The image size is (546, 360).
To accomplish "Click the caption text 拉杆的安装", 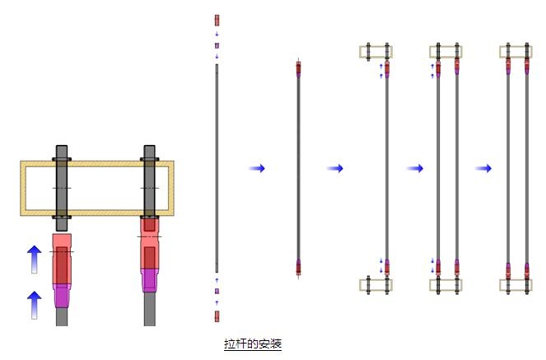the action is click(x=253, y=344).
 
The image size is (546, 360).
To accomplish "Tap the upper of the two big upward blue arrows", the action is click(x=34, y=259).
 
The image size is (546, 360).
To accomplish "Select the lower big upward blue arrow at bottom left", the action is click(x=34, y=305).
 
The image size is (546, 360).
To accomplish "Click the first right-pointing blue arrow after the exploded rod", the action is click(x=257, y=169).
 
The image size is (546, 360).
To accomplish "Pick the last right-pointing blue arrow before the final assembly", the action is click(x=483, y=169).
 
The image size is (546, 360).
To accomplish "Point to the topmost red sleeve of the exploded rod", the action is click(x=217, y=21).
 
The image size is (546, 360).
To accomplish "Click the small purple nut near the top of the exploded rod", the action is click(x=217, y=45).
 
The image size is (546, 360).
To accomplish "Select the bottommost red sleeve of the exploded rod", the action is click(x=217, y=316).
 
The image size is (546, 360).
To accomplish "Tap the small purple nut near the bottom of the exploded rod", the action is click(x=217, y=291).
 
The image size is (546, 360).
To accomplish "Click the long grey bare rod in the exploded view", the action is click(x=217, y=168).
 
